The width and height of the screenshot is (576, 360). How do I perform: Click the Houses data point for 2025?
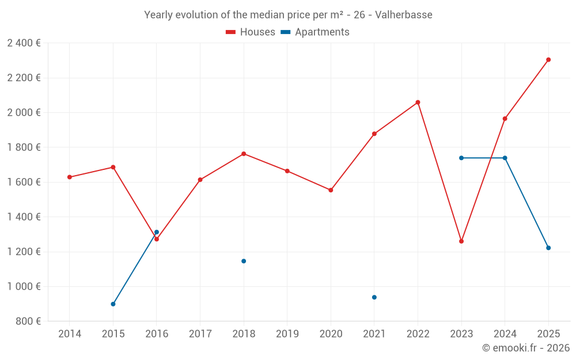pyautogui.click(x=548, y=60)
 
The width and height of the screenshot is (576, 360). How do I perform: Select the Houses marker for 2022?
pyautogui.click(x=418, y=103)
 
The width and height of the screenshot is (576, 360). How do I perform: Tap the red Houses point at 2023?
pyautogui.click(x=461, y=241)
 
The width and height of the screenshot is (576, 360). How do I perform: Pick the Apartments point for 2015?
pyautogui.click(x=113, y=304)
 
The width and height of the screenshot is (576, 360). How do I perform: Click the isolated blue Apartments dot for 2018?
pyautogui.click(x=244, y=261)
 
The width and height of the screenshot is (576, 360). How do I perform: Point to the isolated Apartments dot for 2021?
pyautogui.click(x=374, y=297)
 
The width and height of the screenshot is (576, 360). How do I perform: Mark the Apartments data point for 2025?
pyautogui.click(x=548, y=248)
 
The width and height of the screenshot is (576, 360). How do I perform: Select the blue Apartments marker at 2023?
pyautogui.click(x=461, y=158)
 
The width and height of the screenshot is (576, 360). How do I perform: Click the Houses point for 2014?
pyautogui.click(x=70, y=177)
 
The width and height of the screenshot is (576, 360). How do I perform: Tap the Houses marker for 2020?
pyautogui.click(x=331, y=190)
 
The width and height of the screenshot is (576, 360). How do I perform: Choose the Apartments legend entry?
pyautogui.click(x=315, y=32)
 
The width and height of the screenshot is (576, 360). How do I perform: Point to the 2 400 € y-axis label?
pyautogui.click(x=24, y=43)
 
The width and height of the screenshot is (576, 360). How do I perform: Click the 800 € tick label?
pyautogui.click(x=27, y=321)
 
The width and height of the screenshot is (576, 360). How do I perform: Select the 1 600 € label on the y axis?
pyautogui.click(x=24, y=182)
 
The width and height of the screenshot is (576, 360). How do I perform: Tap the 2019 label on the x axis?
pyautogui.click(x=287, y=334)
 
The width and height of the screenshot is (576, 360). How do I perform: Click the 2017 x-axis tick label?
pyautogui.click(x=200, y=334)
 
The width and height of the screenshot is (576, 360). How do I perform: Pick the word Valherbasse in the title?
pyautogui.click(x=403, y=15)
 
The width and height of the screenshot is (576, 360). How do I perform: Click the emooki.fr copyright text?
pyautogui.click(x=526, y=348)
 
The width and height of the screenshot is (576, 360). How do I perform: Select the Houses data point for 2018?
pyautogui.click(x=244, y=154)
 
